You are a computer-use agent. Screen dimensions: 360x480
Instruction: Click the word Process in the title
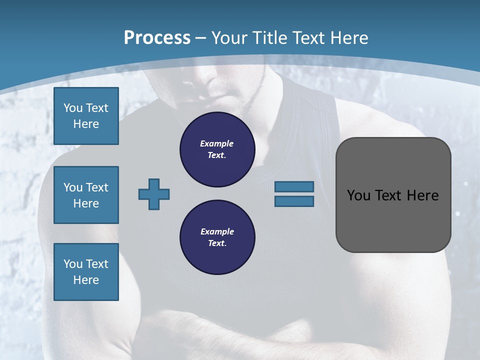coord(157,38)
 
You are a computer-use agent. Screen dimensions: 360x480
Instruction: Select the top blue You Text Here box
coord(86,116)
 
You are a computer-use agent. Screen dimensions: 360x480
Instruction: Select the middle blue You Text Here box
coord(86,195)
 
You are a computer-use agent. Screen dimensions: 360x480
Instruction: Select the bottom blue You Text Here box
coord(86,272)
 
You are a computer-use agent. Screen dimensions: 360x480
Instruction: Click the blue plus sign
coord(154,194)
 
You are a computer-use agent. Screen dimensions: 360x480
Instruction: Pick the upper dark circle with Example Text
coord(217,149)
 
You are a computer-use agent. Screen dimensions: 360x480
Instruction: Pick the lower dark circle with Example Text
coord(217,237)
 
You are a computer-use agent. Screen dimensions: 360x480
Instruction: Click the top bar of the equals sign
coord(294,186)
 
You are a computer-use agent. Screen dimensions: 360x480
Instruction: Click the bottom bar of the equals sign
coord(294,201)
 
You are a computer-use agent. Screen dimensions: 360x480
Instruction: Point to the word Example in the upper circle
coord(216,143)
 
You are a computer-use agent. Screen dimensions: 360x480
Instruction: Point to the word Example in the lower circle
coord(217,231)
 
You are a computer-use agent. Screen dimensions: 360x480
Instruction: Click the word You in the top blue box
coord(73,108)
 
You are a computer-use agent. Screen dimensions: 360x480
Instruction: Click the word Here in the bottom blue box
coord(86,280)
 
